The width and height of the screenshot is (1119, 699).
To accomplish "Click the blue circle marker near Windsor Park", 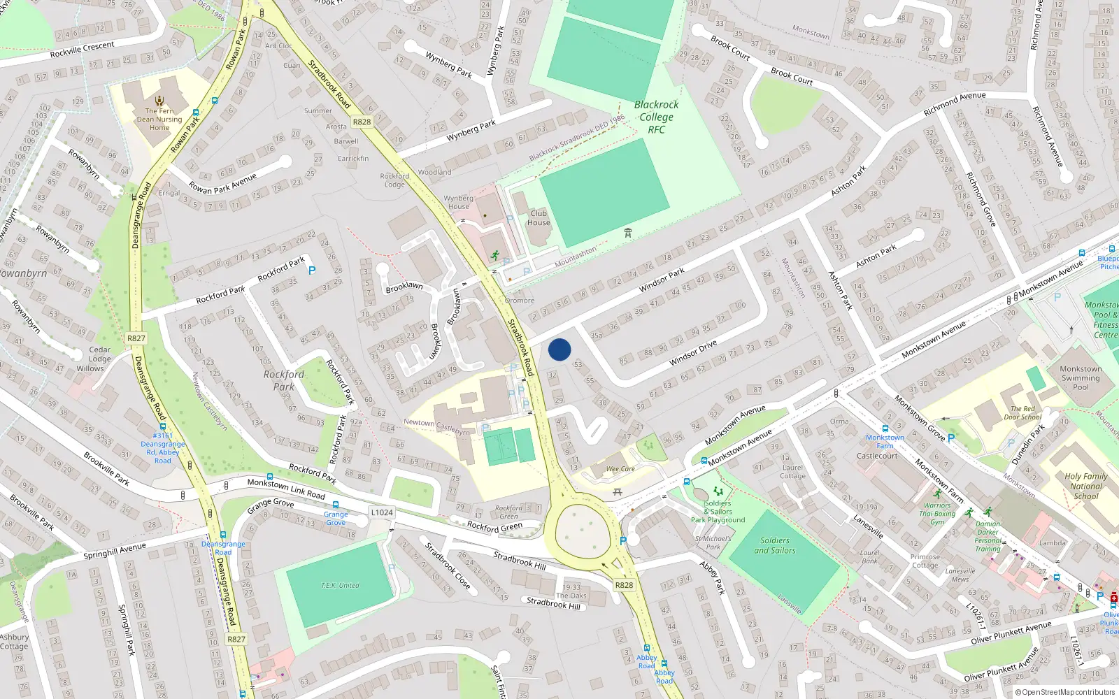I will click(559, 349).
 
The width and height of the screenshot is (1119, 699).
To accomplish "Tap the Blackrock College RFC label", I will click(656, 117).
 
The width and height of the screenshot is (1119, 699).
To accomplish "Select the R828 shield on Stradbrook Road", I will click(362, 122).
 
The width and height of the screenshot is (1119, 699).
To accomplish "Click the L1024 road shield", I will click(381, 512).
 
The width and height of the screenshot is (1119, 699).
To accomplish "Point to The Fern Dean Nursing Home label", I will click(159, 119).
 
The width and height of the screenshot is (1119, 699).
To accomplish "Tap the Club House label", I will click(539, 218).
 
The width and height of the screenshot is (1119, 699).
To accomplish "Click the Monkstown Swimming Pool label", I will click(1081, 377).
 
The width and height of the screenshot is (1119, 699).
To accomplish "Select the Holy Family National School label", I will click(1086, 486).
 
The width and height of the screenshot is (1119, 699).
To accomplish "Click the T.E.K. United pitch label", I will click(340, 585).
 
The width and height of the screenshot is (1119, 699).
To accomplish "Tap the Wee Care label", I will click(620, 469).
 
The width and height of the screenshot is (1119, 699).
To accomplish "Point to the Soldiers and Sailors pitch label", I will click(775, 545).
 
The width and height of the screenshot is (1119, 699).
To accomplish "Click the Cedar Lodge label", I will click(99, 354).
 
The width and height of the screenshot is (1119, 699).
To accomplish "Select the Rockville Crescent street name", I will click(83, 50).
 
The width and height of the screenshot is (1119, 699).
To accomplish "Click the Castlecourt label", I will click(877, 456).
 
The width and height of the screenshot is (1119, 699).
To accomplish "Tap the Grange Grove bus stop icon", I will click(336, 505).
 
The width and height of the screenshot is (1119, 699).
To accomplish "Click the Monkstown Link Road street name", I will click(286, 489).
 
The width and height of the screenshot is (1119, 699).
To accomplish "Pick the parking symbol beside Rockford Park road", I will click(312, 270).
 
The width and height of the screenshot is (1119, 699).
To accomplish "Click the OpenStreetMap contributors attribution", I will click(1065, 692).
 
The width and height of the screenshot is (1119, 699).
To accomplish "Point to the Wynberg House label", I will click(458, 202).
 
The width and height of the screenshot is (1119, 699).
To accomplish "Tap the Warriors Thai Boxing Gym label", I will click(937, 514).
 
